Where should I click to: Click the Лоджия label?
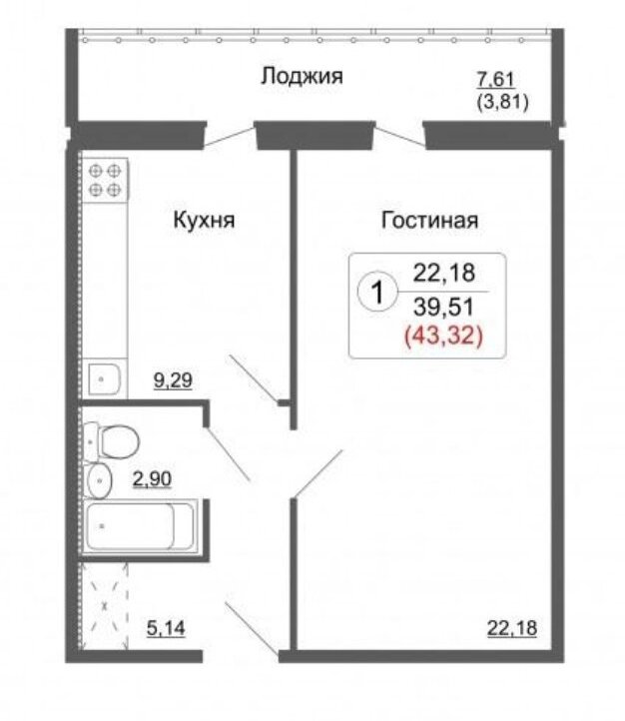[302, 76]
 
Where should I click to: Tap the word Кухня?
[204, 220]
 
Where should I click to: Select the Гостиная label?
[429, 220]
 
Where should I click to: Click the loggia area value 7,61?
[495, 79]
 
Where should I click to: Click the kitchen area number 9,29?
[173, 380]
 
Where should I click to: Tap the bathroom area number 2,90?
[152, 479]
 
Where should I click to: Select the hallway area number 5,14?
[166, 628]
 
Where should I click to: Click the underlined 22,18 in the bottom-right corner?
[511, 628]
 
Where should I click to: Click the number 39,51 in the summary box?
[443, 307]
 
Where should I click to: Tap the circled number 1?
[376, 292]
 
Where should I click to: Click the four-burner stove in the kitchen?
[105, 180]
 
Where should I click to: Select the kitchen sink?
[105, 379]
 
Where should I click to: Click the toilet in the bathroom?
[111, 442]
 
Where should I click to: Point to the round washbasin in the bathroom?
[99, 481]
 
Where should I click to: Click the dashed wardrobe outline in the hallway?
[104, 606]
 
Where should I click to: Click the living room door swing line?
[318, 474]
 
